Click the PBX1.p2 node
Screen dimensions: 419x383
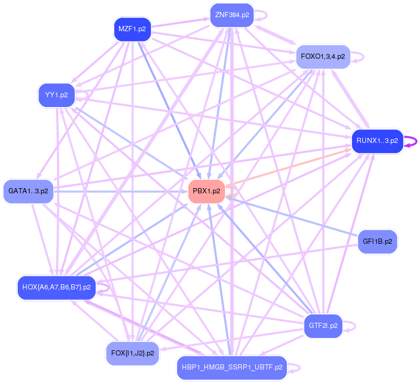[206, 191]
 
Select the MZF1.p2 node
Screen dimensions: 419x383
[132, 29]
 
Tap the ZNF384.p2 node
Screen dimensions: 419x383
[231, 15]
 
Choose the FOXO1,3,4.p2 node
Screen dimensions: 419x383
[323, 57]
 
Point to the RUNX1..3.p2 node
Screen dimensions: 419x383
[377, 140]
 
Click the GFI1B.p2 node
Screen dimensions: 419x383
[377, 242]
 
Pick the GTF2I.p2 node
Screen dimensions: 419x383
[323, 326]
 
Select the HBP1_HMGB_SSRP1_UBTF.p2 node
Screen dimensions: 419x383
[232, 367]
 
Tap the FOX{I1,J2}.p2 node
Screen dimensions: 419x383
[133, 353]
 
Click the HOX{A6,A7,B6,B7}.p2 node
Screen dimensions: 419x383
[57, 287]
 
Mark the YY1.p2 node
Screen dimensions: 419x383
[57, 95]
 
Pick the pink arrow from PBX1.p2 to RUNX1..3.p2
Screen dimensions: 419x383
[291, 165]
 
